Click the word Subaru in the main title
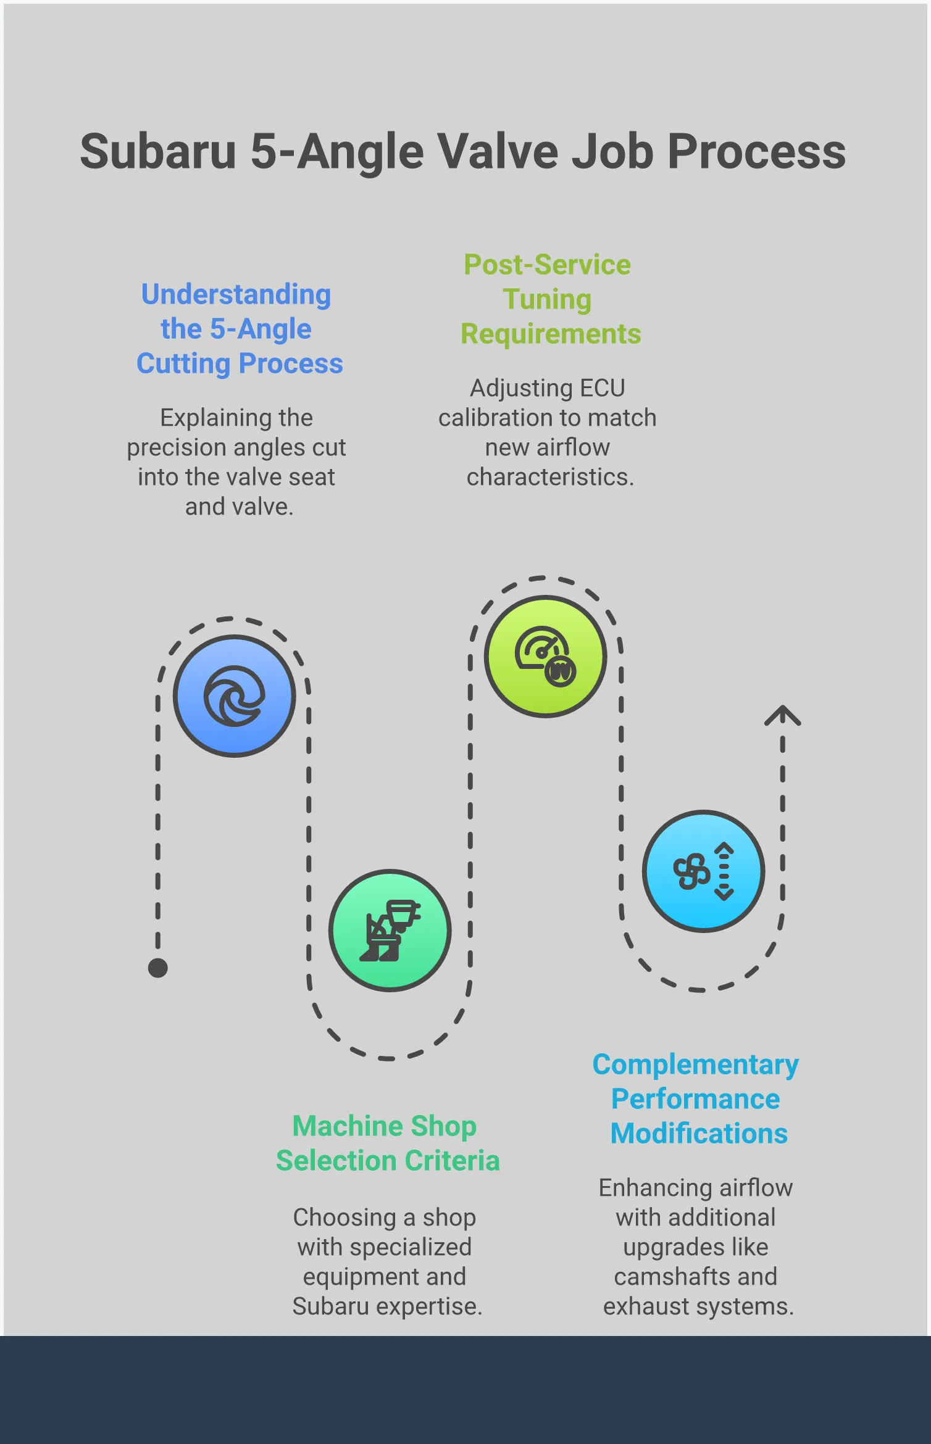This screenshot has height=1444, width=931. pos(158,152)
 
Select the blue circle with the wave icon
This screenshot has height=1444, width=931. pos(235,696)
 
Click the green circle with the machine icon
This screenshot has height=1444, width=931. pos(390,931)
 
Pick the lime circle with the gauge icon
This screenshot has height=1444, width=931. pos(546,657)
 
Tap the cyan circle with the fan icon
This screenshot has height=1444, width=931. pos(704,871)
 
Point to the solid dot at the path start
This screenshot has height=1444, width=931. pos(158,968)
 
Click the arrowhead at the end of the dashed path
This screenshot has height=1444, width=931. pos(783,715)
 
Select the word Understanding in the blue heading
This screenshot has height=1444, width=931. pos(236,294)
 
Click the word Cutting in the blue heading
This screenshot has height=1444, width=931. pos(183,363)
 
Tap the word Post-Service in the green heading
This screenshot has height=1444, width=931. pos(547,265)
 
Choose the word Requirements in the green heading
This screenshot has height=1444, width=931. pos(551,334)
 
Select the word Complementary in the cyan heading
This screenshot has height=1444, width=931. pos(696,1064)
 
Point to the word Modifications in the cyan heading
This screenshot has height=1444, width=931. pos(699,1134)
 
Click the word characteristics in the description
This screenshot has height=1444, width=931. pos(550,477)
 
